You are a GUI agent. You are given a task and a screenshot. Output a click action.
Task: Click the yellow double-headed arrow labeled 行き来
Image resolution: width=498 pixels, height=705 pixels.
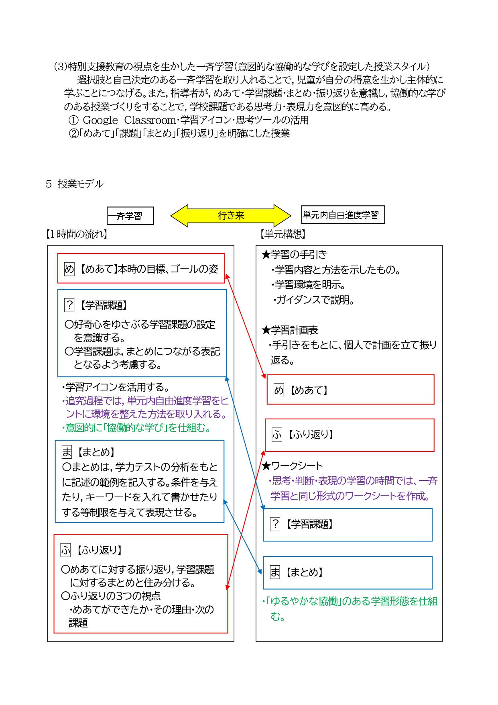tap(231, 216)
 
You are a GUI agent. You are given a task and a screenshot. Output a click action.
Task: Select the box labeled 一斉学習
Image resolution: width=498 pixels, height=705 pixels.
tap(130, 216)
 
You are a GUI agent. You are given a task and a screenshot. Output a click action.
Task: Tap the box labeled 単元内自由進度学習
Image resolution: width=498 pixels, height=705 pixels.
tap(343, 215)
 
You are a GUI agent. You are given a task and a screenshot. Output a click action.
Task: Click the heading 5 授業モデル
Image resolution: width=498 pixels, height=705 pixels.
tap(75, 184)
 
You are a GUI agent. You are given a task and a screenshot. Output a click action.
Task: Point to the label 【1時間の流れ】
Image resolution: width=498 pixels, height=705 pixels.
tap(77, 234)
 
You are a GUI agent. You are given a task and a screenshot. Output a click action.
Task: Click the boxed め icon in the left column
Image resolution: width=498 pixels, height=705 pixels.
tap(69, 269)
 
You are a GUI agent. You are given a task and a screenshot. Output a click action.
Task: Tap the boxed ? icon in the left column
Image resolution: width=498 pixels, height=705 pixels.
tap(69, 305)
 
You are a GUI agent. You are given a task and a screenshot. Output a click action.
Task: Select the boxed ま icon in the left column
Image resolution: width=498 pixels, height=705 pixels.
tap(67, 452)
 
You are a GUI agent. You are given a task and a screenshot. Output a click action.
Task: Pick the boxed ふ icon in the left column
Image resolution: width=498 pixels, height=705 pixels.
tap(66, 550)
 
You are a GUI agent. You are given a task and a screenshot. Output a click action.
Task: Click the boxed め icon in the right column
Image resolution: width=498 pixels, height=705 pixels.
tap(278, 390)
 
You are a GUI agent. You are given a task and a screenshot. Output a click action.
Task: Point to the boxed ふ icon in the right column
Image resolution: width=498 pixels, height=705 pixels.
tap(277, 435)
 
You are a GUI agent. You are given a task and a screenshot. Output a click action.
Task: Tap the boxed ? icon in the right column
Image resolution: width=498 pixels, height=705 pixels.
tap(275, 524)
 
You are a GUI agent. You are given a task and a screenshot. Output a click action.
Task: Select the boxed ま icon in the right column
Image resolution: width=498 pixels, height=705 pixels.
tap(275, 572)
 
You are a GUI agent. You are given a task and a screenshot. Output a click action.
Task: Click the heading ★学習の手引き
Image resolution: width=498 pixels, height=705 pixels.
tap(294, 254)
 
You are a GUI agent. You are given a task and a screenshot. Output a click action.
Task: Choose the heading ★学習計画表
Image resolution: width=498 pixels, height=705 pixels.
tap(290, 330)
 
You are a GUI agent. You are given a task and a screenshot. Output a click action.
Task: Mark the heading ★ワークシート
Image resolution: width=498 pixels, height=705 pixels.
tap(292, 466)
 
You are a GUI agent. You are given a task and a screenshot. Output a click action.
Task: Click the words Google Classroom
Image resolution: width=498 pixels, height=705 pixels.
tap(129, 120)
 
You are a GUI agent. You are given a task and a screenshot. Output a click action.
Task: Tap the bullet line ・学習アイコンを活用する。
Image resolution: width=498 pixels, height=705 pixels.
tap(116, 387)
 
